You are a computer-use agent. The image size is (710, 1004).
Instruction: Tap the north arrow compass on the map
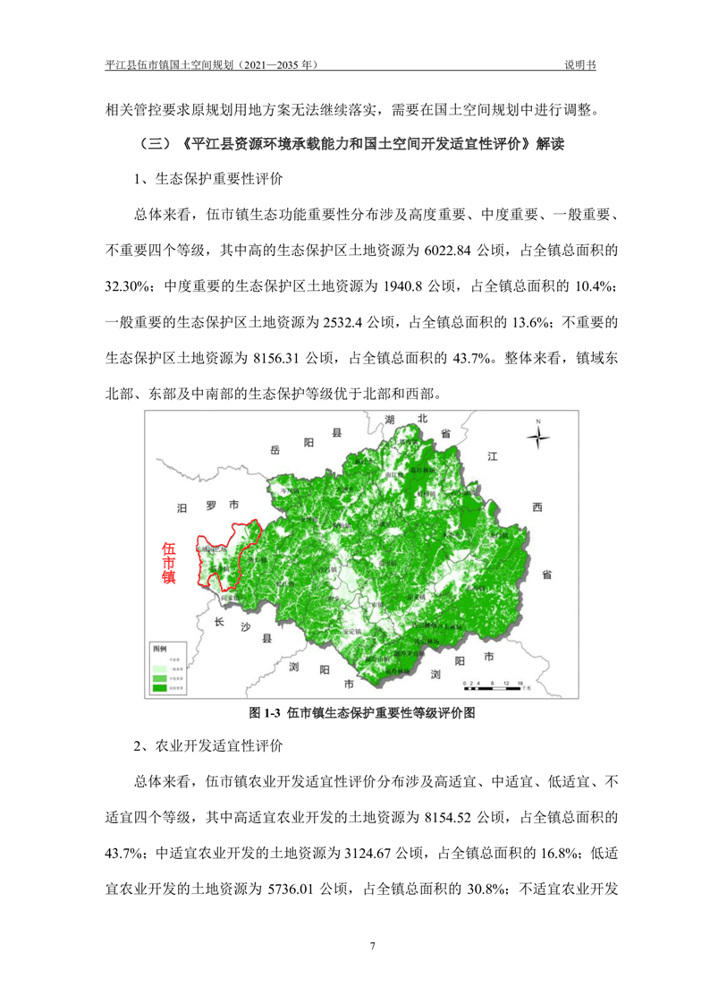tap(538, 438)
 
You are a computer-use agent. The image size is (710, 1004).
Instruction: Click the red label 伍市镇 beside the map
tap(168, 563)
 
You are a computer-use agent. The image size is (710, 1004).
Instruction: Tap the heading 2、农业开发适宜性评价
tap(207, 746)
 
